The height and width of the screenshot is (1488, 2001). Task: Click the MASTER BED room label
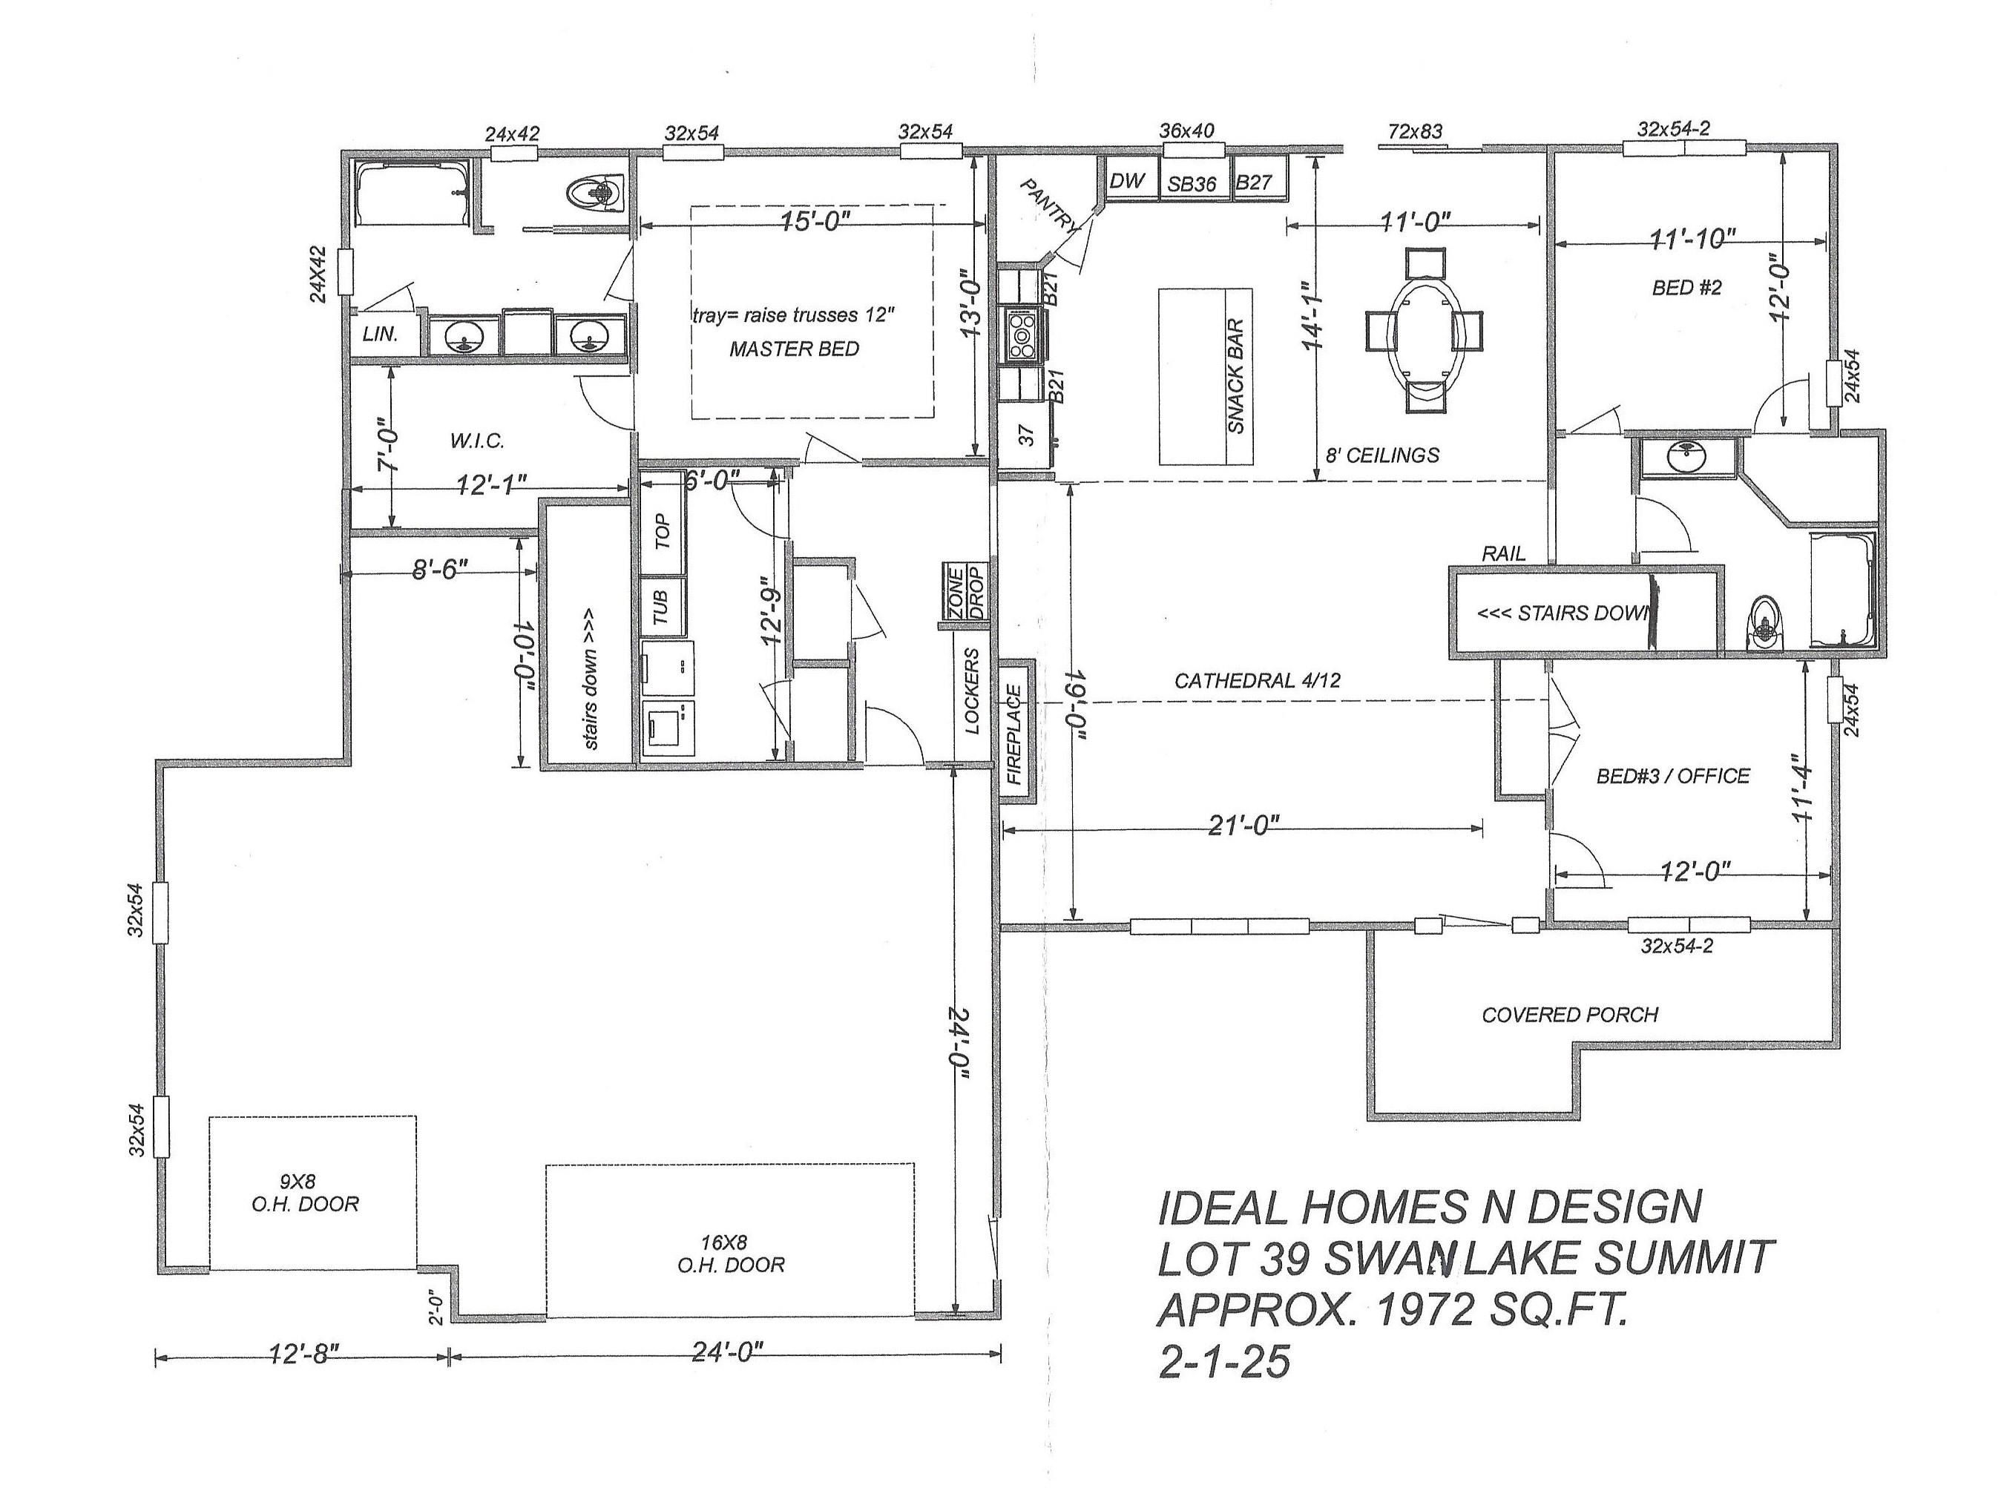tap(794, 349)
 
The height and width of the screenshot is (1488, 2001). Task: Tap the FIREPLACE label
tap(1013, 735)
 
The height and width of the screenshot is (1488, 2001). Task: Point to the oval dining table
tap(1425, 331)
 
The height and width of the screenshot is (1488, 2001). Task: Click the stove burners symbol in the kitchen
tap(1022, 333)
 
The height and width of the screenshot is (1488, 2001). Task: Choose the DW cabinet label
tap(1126, 181)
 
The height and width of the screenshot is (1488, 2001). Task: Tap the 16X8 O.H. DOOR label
tap(731, 1254)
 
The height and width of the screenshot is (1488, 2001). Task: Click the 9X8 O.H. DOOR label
tap(306, 1193)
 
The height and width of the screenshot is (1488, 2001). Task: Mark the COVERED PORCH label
tap(1569, 1015)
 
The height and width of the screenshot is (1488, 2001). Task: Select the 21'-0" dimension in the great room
tap(1243, 825)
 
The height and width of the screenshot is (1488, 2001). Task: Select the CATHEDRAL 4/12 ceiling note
tap(1257, 681)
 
